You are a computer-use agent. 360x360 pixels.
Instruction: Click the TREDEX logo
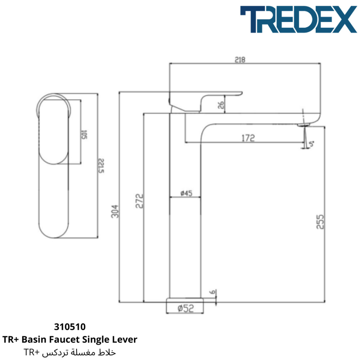(x=298, y=19)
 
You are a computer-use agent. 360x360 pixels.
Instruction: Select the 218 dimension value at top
(x=240, y=60)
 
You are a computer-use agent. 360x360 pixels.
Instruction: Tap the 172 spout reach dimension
(x=248, y=138)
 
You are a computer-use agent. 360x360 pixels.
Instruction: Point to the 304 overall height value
(x=115, y=211)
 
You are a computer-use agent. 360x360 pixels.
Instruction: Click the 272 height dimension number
(x=139, y=201)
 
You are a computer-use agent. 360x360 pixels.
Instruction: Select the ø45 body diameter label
(x=186, y=193)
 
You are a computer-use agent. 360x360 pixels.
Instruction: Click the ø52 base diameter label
(x=186, y=308)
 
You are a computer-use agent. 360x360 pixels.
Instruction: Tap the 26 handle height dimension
(x=221, y=105)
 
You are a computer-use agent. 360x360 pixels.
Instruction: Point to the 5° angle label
(x=311, y=144)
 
